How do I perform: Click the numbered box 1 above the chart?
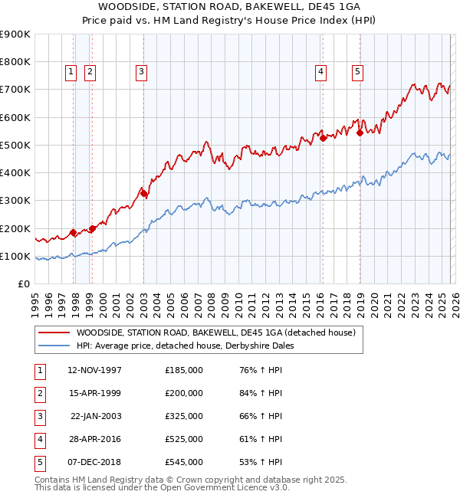coord(71,72)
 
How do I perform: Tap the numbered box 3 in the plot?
coord(142,72)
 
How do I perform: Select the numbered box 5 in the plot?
coord(358,72)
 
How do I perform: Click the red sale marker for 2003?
coord(144,194)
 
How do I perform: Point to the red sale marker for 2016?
coord(324,139)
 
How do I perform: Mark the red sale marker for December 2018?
coord(360,133)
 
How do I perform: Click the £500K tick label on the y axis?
coord(15,145)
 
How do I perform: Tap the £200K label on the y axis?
coord(15,228)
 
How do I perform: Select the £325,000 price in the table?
coord(183,416)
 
